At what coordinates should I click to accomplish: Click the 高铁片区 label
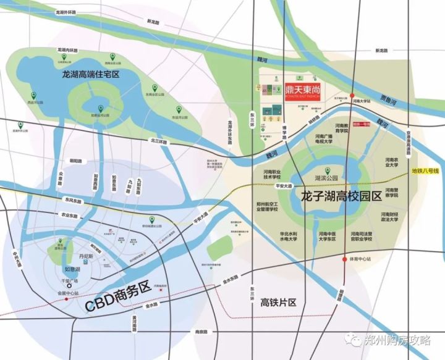click(279, 303)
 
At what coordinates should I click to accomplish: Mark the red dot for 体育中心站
click(344, 260)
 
